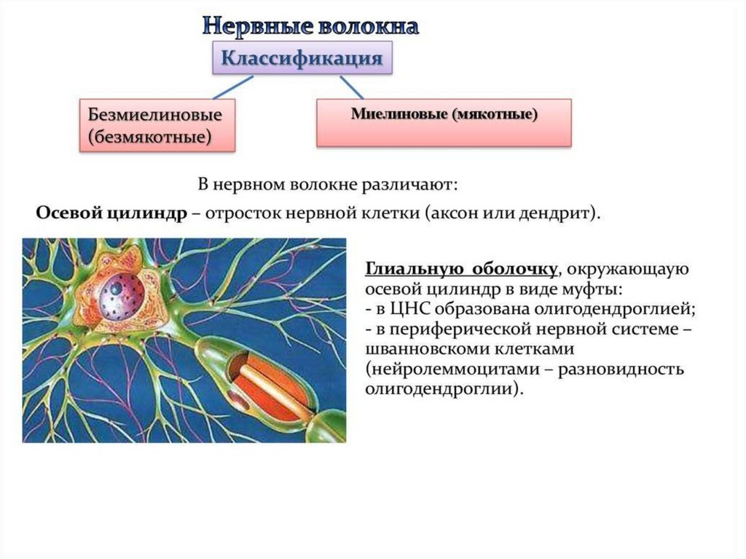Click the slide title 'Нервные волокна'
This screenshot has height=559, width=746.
click(310, 26)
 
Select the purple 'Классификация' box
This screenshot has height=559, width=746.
click(302, 58)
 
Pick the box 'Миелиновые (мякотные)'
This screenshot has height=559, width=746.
click(444, 115)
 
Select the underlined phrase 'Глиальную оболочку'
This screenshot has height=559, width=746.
click(461, 270)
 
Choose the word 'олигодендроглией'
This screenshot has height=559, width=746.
click(599, 309)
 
